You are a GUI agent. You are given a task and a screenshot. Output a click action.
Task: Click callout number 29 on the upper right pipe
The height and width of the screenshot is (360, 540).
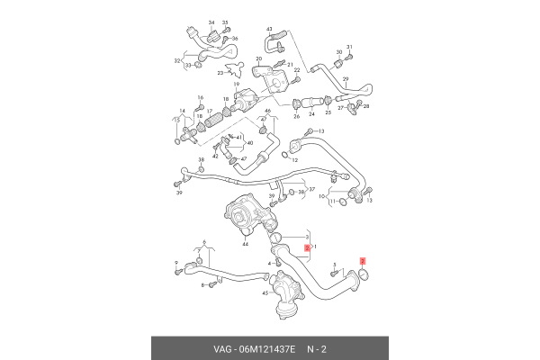345,80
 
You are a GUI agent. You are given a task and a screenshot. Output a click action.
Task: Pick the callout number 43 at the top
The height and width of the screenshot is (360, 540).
269,30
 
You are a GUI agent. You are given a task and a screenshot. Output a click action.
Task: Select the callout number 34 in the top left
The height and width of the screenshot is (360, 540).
211,21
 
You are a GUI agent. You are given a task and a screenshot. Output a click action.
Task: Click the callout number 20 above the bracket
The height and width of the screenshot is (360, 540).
258,58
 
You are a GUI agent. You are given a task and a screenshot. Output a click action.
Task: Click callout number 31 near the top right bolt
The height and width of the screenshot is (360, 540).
349,45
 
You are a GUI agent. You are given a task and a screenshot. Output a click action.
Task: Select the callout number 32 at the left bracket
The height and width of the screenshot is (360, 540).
176,61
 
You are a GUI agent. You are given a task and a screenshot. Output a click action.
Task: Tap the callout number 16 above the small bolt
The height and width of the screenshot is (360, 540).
200,97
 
